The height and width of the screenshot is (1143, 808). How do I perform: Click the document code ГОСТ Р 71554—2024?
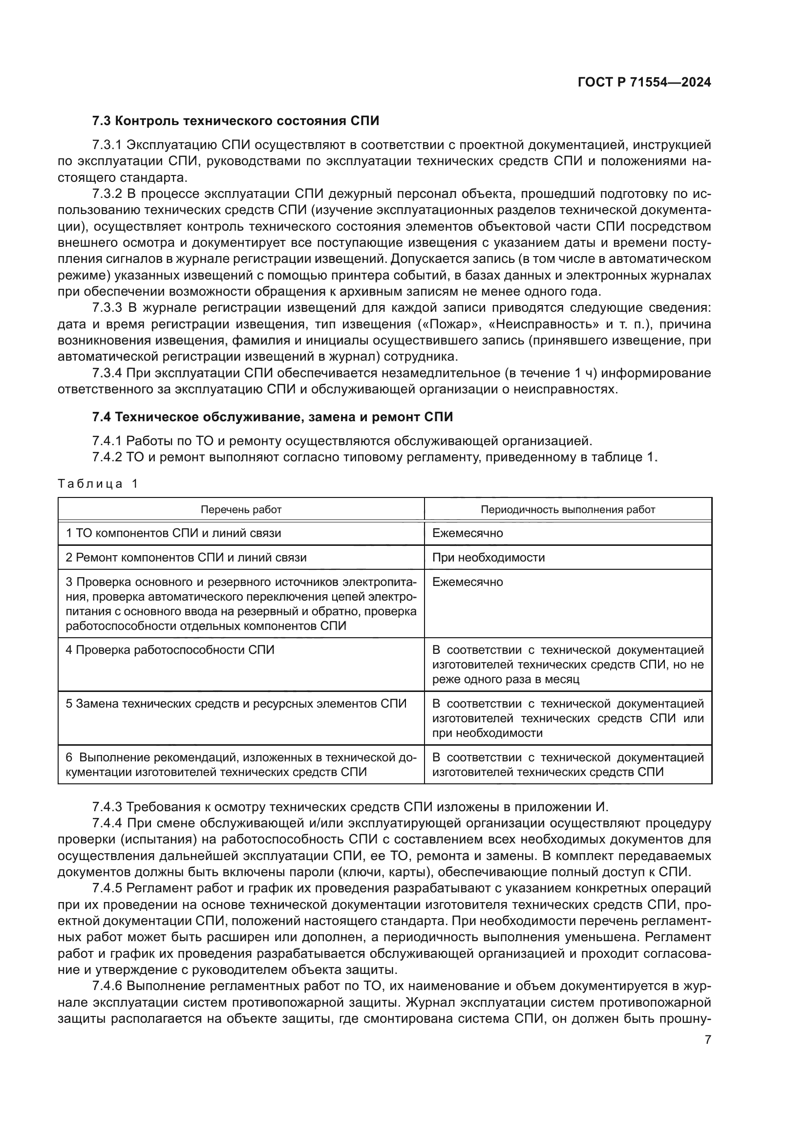click(644, 83)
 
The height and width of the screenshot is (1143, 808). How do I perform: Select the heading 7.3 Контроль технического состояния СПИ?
click(235, 121)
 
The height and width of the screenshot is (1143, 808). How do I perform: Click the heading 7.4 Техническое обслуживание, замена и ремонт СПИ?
click(272, 417)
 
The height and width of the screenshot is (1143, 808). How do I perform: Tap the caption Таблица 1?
click(98, 483)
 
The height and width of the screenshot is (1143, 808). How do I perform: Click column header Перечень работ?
click(241, 510)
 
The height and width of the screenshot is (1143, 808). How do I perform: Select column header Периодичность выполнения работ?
click(568, 510)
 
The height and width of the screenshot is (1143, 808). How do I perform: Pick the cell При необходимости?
click(488, 558)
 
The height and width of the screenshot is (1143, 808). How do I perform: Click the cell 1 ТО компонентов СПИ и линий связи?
click(173, 533)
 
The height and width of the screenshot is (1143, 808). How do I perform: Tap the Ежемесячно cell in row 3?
click(467, 582)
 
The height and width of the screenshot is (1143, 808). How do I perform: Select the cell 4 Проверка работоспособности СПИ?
click(170, 650)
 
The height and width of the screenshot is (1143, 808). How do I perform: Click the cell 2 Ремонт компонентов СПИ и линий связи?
click(186, 558)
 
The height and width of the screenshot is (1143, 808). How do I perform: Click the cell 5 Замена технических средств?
click(236, 704)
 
